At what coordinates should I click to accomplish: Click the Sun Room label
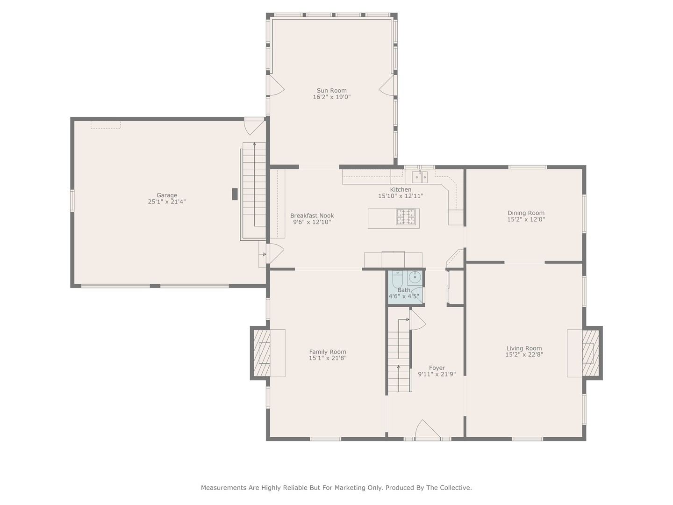(x=331, y=90)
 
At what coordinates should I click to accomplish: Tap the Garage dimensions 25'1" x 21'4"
(x=167, y=202)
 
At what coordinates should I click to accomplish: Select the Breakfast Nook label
(x=312, y=216)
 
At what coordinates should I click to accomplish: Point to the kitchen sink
(x=420, y=177)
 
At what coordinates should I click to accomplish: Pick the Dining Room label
(x=526, y=213)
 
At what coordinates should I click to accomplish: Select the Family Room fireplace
(x=261, y=353)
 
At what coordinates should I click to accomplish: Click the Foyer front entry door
(x=428, y=430)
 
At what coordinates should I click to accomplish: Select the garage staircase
(x=254, y=191)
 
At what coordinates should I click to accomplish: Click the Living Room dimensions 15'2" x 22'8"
(x=524, y=354)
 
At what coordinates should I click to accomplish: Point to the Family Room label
(x=328, y=352)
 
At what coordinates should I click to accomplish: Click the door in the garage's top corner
(x=254, y=126)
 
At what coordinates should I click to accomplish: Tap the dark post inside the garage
(x=235, y=194)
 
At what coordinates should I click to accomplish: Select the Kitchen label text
(x=401, y=189)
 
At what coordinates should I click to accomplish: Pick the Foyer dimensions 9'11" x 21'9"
(x=437, y=374)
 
